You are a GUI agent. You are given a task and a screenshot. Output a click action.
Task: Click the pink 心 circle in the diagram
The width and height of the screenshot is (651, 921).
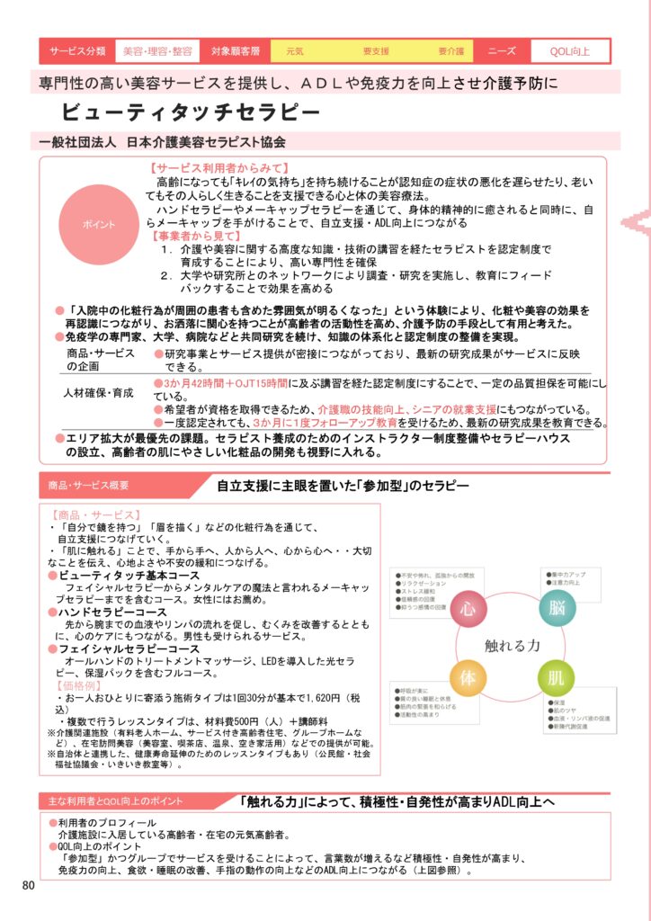(x=468, y=609)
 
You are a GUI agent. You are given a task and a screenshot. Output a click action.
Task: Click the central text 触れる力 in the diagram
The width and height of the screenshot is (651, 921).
(x=511, y=645)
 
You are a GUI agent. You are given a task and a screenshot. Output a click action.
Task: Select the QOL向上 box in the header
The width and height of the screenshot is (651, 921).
(x=570, y=50)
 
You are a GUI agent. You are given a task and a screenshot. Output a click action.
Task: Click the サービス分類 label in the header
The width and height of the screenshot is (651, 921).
(x=77, y=50)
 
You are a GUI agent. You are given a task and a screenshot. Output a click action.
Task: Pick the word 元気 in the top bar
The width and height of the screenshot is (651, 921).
(x=294, y=51)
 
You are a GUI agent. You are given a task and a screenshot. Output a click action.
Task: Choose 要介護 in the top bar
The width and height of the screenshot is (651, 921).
(x=450, y=51)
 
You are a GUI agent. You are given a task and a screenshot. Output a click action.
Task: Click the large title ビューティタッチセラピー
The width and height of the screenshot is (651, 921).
(x=191, y=112)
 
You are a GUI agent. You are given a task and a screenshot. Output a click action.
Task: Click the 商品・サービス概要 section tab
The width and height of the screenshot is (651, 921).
(x=89, y=486)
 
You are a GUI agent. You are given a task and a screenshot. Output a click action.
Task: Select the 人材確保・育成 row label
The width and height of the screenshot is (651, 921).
(x=98, y=393)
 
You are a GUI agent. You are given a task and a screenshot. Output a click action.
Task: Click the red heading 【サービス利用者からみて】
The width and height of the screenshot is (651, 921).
(x=219, y=168)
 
